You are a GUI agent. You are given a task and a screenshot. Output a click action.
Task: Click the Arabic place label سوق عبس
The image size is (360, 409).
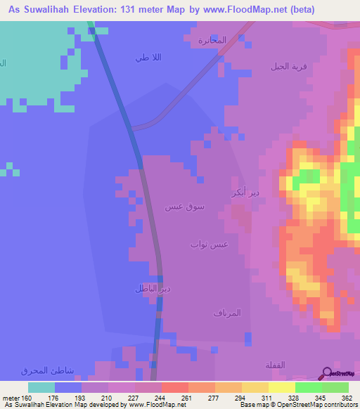(184, 207)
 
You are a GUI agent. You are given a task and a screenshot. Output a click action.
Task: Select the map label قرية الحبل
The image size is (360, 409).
(289, 67)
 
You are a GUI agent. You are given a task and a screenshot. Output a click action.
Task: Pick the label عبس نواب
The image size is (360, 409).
(209, 244)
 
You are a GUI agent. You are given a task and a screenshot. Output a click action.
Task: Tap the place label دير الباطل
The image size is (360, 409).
(153, 288)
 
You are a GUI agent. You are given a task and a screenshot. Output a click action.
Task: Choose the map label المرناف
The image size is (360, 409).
(227, 313)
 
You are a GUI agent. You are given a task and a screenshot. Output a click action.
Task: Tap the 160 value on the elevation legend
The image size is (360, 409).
(27, 397)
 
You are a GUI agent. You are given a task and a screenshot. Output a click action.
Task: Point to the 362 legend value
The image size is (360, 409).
(347, 397)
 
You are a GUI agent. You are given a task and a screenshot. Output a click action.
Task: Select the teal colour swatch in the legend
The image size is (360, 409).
(41, 387)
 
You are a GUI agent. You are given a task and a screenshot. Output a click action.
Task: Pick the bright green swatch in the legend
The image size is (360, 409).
(335, 387)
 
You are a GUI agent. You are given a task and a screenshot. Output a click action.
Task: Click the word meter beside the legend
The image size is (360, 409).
(10, 397)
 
